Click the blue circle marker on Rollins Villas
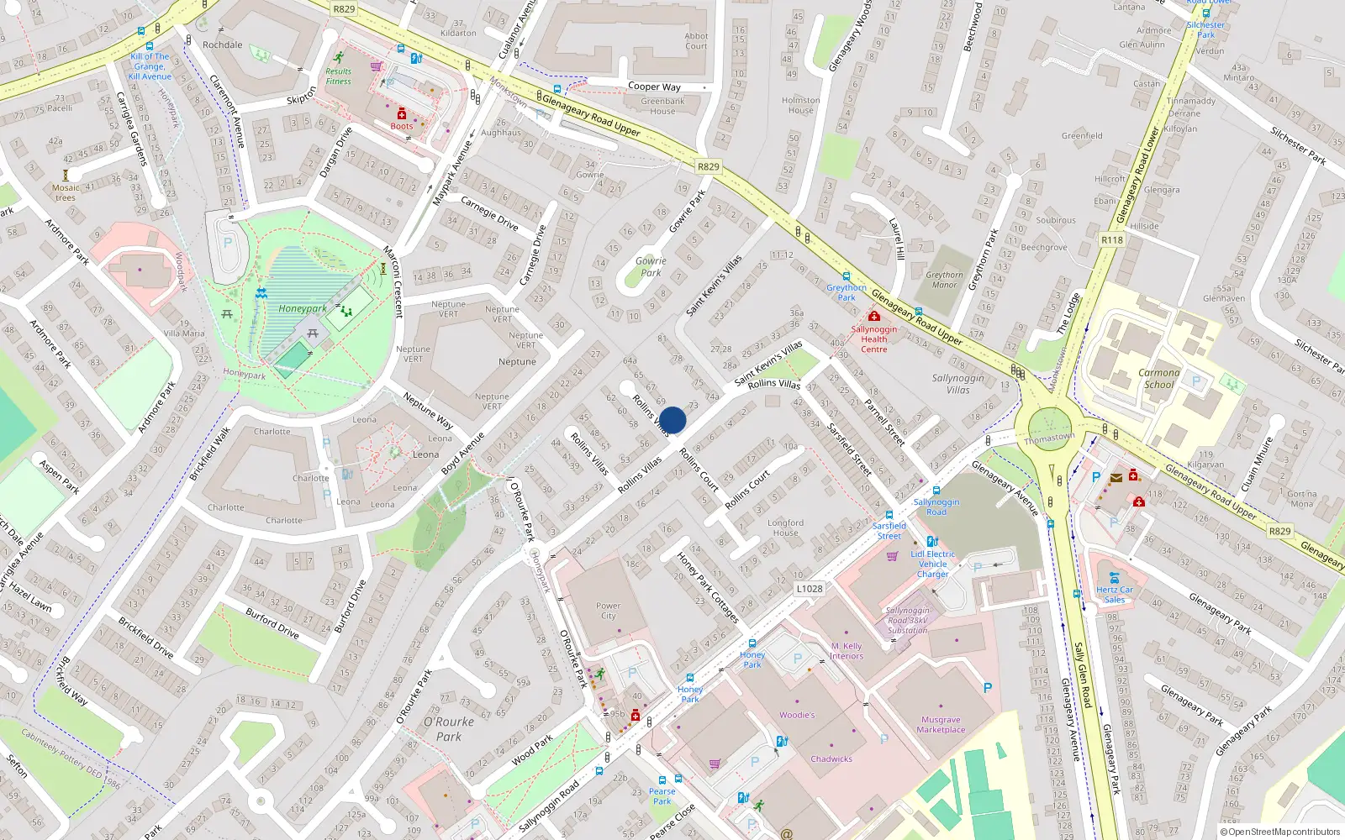pyautogui.click(x=672, y=420)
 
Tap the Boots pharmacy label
pyautogui.click(x=402, y=126)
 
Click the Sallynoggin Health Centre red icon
pyautogui.click(x=873, y=317)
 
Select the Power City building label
pyautogui.click(x=608, y=611)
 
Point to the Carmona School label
pyautogui.click(x=1159, y=379)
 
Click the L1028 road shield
pyautogui.click(x=810, y=589)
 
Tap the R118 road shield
pyautogui.click(x=1112, y=240)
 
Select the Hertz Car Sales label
pyautogui.click(x=1115, y=595)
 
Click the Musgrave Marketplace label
pyautogui.click(x=941, y=725)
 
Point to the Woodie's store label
pyautogui.click(x=797, y=716)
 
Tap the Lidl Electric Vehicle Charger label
pyautogui.click(x=933, y=564)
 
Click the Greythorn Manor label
pyautogui.click(x=945, y=280)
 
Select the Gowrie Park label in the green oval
pyautogui.click(x=651, y=267)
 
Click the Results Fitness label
pyautogui.click(x=338, y=76)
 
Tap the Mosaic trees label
pyautogui.click(x=66, y=193)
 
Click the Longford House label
pyautogui.click(x=785, y=528)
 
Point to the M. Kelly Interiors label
pyautogui.click(x=847, y=651)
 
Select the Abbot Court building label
pyautogui.click(x=696, y=41)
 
